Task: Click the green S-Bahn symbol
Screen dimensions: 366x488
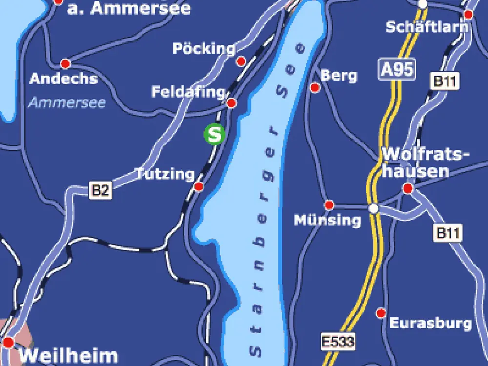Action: coord(214,134)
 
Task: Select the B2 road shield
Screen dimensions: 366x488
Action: coord(101,190)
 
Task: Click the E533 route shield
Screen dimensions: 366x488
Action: coord(338,341)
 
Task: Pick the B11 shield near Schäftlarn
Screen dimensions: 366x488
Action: coord(445,81)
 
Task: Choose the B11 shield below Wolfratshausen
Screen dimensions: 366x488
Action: coord(448,233)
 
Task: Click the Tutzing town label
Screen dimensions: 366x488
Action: coord(164,174)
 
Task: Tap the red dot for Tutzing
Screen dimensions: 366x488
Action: coord(199,187)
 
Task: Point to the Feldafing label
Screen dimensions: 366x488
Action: coord(188,92)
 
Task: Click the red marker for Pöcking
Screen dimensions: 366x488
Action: coord(241,61)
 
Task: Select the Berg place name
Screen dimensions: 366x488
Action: coord(339,76)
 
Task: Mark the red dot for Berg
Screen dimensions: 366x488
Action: coord(315,88)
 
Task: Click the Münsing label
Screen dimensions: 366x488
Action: coord(327,221)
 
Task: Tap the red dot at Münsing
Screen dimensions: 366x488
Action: coord(329,204)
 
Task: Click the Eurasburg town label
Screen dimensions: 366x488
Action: coord(430,323)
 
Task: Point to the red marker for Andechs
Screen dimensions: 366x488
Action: coord(65,64)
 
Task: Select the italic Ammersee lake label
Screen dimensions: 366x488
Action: coord(67,102)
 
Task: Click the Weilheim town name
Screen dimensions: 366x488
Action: coord(68,356)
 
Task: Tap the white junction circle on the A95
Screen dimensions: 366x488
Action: coord(374,208)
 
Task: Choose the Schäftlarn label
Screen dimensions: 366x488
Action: coord(427,26)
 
